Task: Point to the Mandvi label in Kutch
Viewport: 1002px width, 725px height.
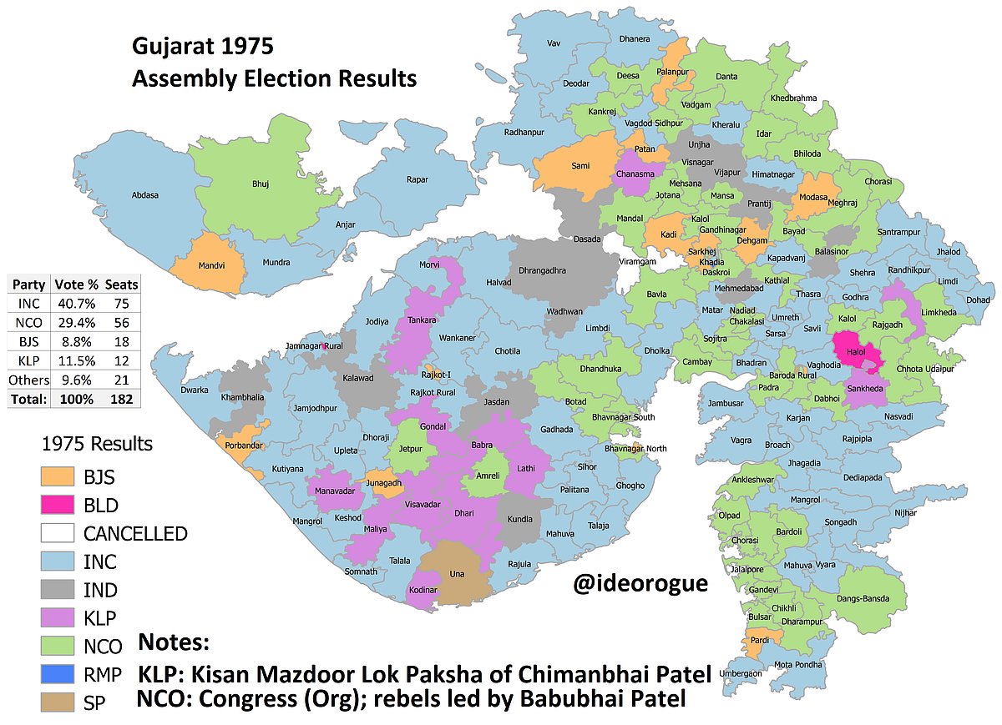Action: click(x=210, y=268)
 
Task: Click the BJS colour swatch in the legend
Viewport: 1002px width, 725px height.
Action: click(x=58, y=476)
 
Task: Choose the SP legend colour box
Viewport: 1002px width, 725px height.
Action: click(x=58, y=703)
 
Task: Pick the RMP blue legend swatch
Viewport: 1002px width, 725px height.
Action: click(x=58, y=675)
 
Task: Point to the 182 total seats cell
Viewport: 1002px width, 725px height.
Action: click(x=121, y=398)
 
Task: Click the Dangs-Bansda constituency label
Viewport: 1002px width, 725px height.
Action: click(x=873, y=598)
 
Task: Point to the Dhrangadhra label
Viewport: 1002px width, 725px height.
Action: click(x=554, y=270)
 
